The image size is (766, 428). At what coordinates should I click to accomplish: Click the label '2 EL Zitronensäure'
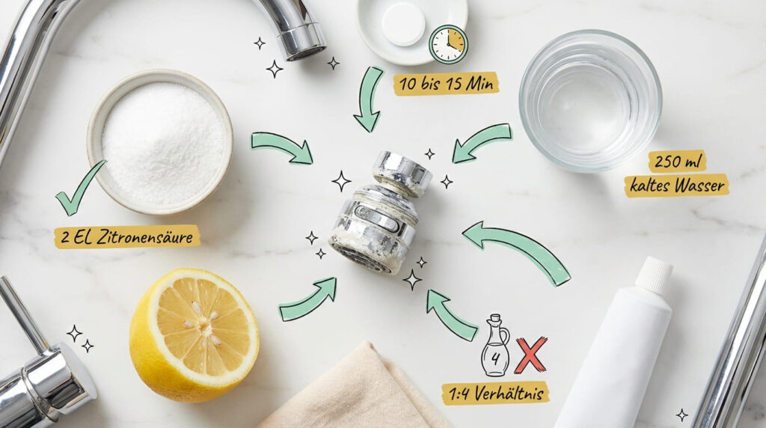pos(127,237)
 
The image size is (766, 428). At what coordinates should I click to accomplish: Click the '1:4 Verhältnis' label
pos(495,392)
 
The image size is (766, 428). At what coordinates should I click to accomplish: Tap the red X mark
pos(530,355)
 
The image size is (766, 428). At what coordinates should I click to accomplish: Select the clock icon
pos(448,44)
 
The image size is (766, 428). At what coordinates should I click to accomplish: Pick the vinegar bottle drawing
pos(495,345)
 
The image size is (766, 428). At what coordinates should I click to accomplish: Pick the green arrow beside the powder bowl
pos(282,147)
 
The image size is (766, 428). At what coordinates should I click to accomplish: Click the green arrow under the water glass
pos(482,142)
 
